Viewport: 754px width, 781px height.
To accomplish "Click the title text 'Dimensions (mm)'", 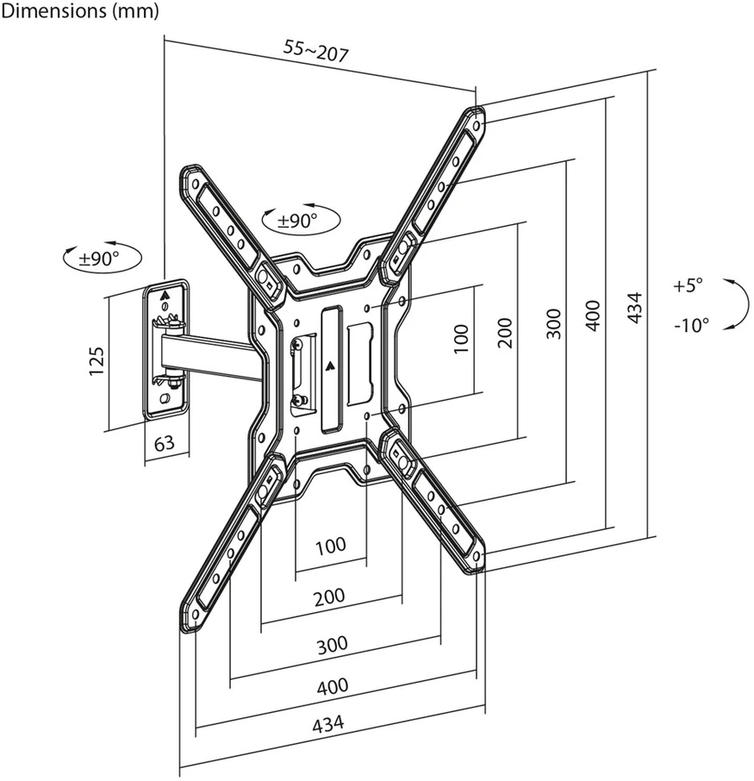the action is (x=79, y=11).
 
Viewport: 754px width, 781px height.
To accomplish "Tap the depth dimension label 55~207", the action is (x=316, y=50).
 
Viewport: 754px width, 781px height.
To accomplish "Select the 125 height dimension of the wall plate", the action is (x=97, y=361).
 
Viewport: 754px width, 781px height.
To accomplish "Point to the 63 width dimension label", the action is (x=165, y=442).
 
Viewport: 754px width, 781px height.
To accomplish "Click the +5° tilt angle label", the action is (x=688, y=285).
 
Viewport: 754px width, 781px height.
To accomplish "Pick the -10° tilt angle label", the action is (x=691, y=325).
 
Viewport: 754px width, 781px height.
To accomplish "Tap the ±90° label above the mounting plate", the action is (x=297, y=220).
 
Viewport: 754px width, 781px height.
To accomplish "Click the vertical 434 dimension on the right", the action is (x=634, y=309).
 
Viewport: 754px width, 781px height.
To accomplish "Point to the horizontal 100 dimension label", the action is (x=331, y=546).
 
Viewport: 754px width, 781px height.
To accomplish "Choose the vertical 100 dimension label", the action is (x=462, y=339).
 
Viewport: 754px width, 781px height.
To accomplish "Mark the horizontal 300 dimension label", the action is (x=332, y=645).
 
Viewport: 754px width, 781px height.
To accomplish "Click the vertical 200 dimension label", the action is (x=504, y=333).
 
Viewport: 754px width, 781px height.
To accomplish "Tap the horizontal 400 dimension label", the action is (x=332, y=687).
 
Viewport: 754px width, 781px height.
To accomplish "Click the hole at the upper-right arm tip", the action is (x=477, y=124).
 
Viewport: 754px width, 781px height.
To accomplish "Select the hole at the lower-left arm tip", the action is (x=196, y=614).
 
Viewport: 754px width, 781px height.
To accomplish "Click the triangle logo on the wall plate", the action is (x=165, y=294).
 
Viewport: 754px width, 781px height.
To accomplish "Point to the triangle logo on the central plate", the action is (x=330, y=366).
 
